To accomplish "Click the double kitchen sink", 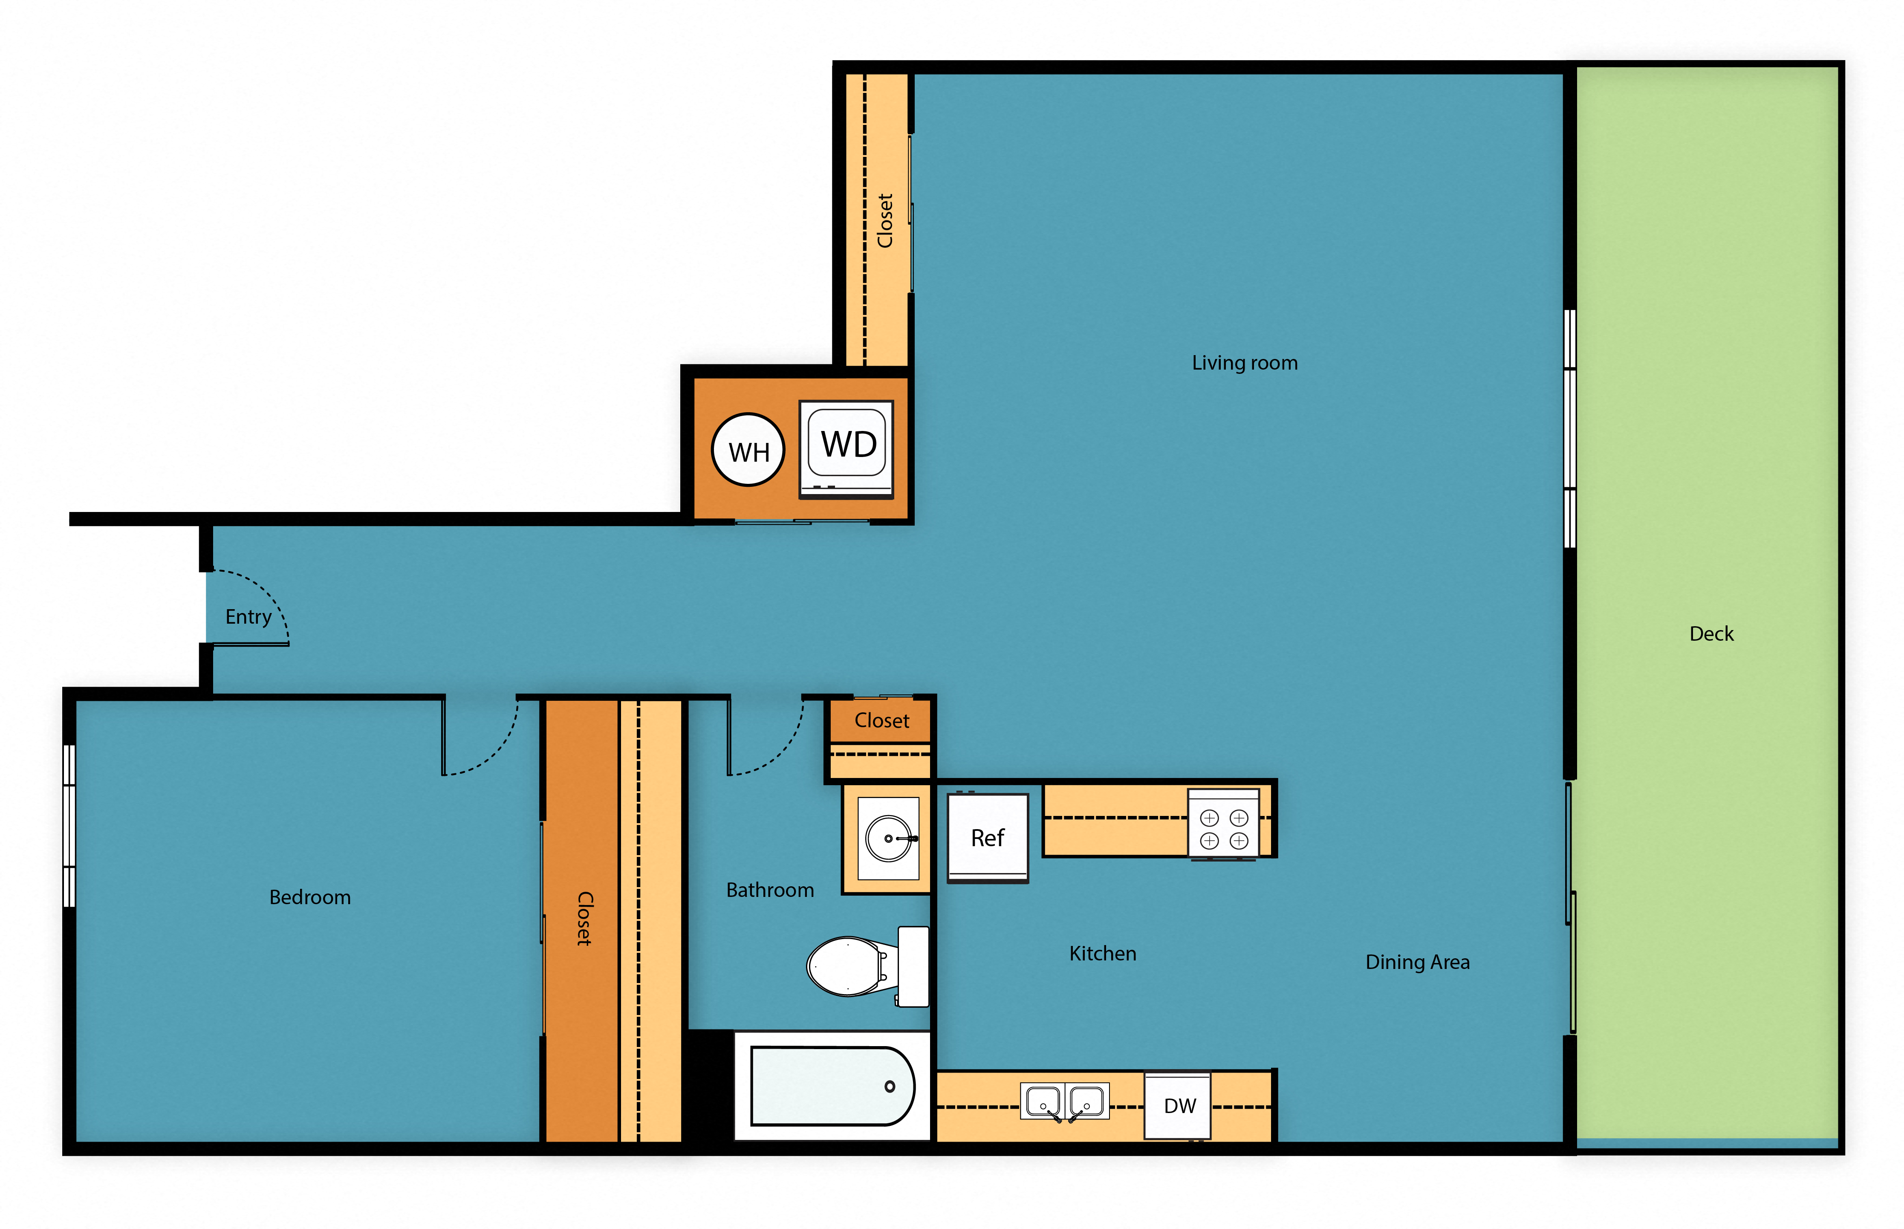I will [x=1064, y=1102].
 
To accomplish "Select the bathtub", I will [x=832, y=1085].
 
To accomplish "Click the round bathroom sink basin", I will [x=888, y=838].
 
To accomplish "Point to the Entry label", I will [x=248, y=617].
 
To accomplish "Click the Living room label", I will [x=1244, y=363].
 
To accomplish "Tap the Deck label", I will [x=1711, y=633].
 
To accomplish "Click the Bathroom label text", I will [x=769, y=890].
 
